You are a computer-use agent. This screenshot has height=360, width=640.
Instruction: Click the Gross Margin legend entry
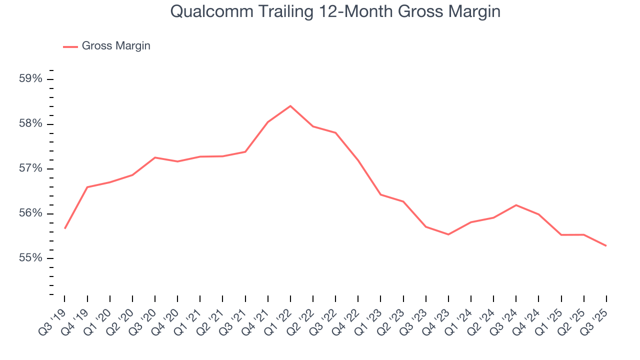click(x=115, y=46)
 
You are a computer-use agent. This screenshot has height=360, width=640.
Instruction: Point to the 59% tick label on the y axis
click(x=31, y=79)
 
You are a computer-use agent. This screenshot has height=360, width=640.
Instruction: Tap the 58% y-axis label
click(x=31, y=124)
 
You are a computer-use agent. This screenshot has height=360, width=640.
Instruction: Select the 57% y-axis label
click(x=31, y=168)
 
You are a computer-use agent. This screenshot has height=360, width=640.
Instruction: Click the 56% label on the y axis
click(x=31, y=213)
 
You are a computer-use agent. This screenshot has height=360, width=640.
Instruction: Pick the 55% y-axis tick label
click(x=31, y=258)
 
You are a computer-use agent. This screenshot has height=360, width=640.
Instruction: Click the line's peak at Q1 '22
click(x=290, y=106)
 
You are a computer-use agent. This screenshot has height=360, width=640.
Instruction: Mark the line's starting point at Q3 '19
click(x=65, y=228)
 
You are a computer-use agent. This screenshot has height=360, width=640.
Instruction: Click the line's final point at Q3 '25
click(x=606, y=245)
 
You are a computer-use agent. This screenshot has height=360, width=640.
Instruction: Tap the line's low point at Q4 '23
click(x=448, y=234)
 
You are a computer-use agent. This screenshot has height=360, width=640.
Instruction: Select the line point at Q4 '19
click(x=87, y=187)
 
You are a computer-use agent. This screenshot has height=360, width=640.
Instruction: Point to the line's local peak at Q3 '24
click(x=516, y=205)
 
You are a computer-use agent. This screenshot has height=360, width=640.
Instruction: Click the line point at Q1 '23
click(x=380, y=194)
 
